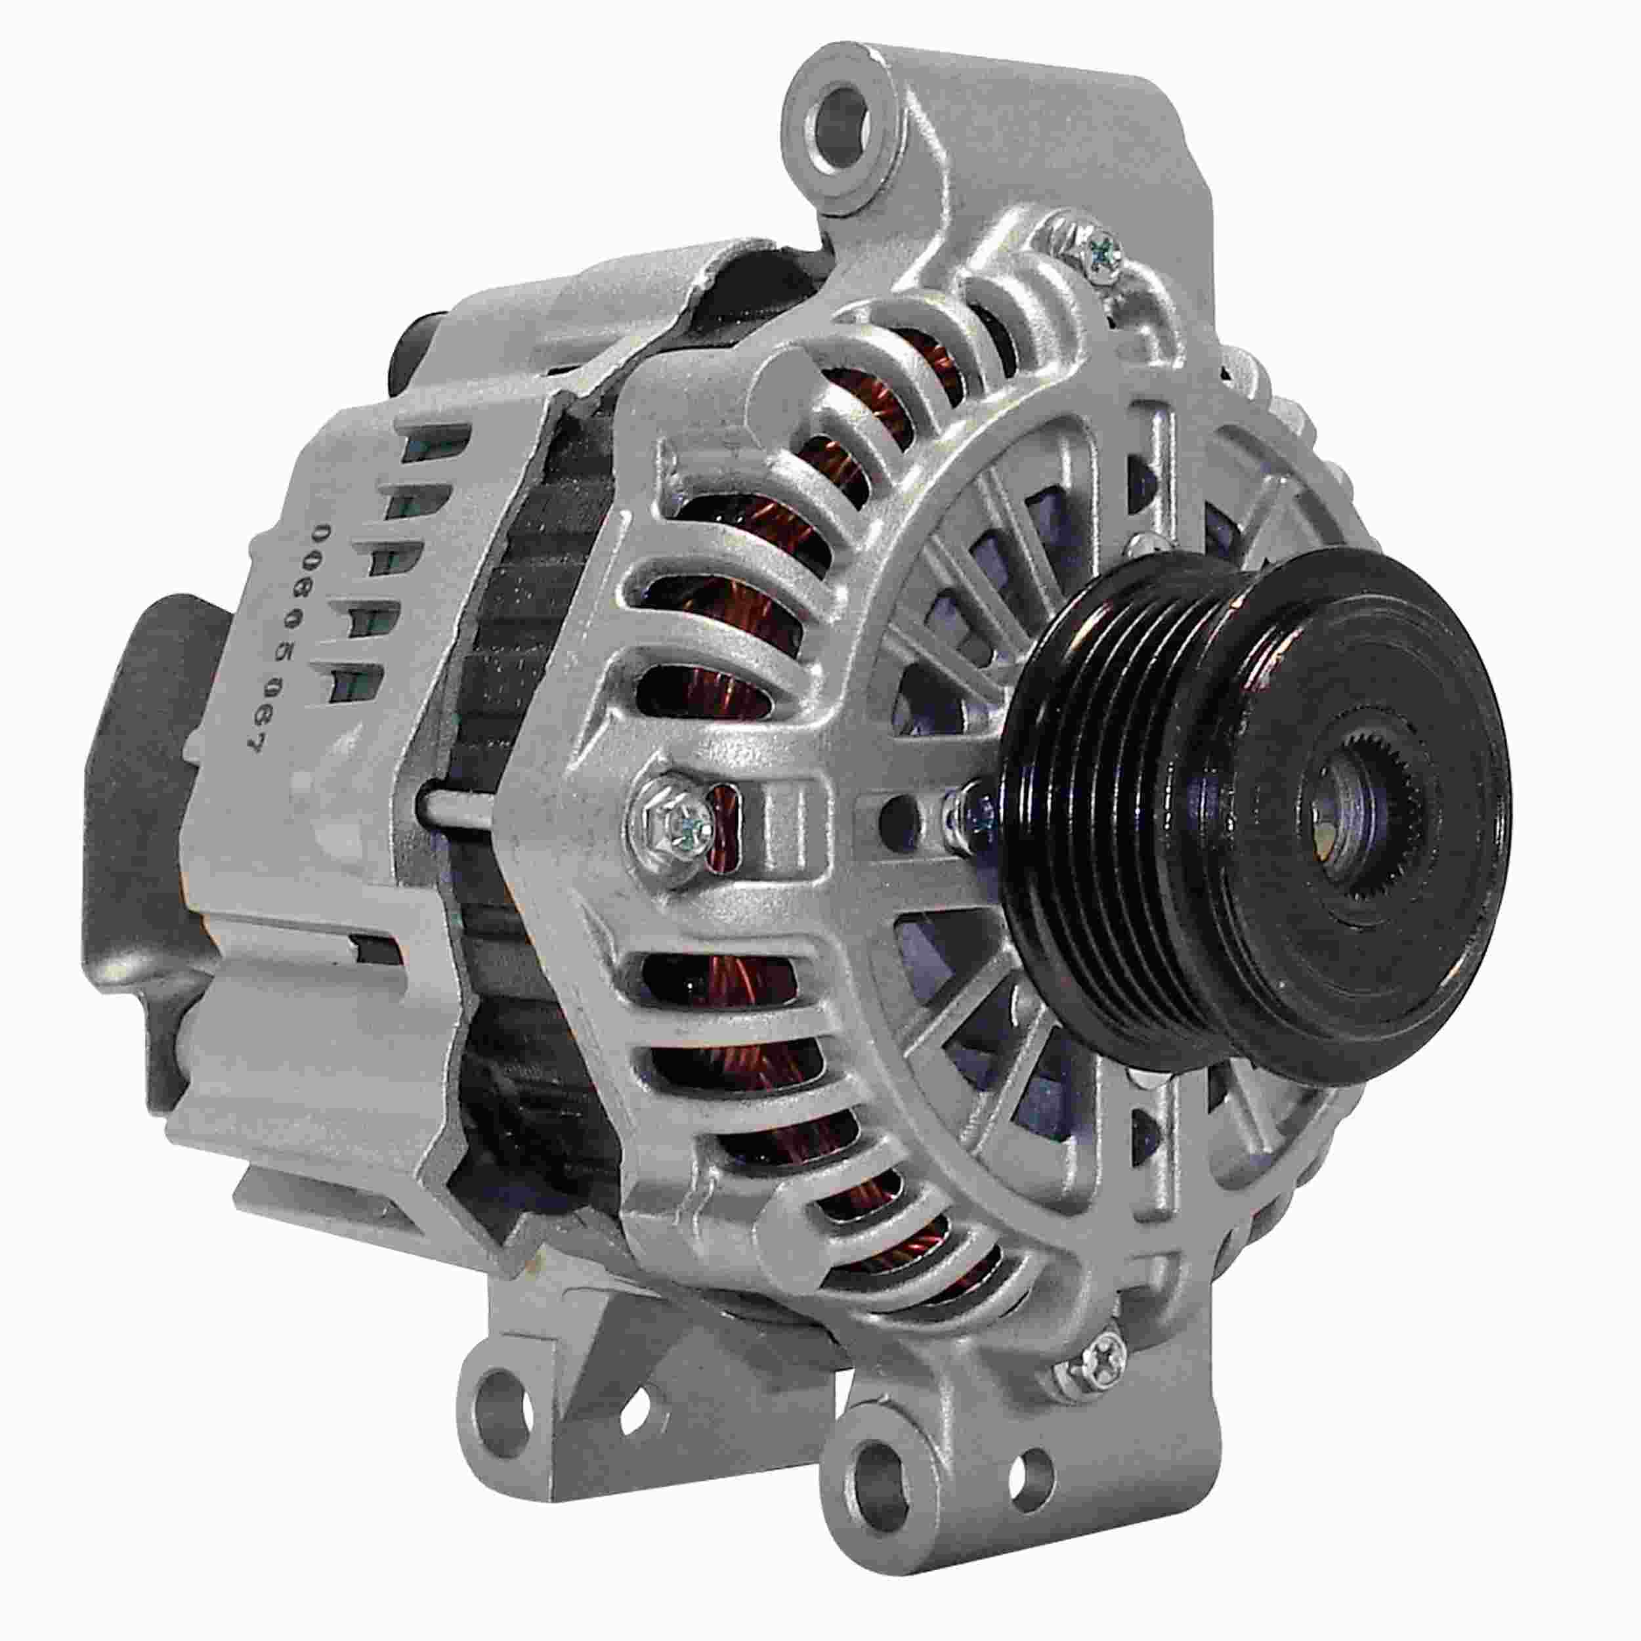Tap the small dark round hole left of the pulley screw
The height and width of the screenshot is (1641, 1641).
pos(895,815)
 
